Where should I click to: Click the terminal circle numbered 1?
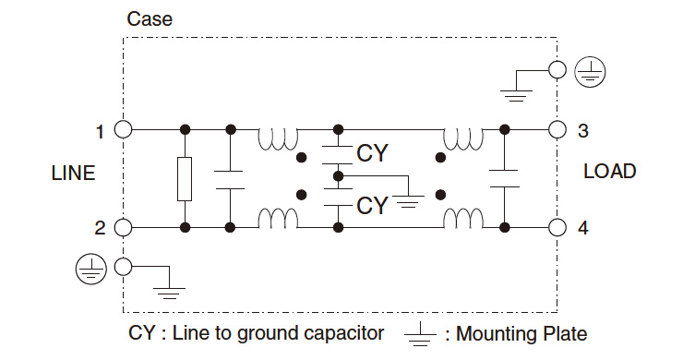(x=123, y=129)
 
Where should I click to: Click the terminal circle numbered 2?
(x=123, y=227)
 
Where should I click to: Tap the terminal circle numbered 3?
(x=557, y=129)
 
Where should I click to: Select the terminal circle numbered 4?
(x=557, y=227)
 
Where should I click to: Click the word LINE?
(x=73, y=174)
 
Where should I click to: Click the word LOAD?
(x=609, y=172)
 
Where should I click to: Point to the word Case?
(x=149, y=19)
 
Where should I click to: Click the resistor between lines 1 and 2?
(x=185, y=178)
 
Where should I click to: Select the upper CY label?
(x=372, y=152)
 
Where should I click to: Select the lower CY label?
(x=372, y=204)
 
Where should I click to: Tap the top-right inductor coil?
(x=463, y=138)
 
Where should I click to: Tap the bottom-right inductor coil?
(x=463, y=219)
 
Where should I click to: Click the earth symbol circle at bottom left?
(x=89, y=268)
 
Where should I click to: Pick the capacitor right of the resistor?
(x=228, y=178)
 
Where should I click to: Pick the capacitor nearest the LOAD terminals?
(x=505, y=178)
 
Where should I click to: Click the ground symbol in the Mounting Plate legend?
(x=421, y=335)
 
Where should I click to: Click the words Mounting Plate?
(x=521, y=334)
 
